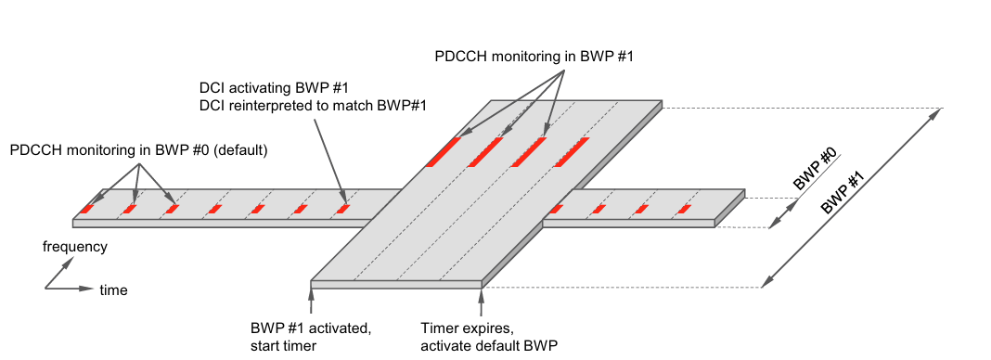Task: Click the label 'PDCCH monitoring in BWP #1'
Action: (534, 56)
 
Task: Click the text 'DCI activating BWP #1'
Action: (261, 88)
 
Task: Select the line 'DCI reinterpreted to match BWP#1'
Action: (312, 106)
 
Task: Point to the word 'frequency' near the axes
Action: (75, 247)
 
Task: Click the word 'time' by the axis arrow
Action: (114, 290)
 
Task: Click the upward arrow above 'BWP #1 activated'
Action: (311, 303)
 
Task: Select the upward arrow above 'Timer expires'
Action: (482, 303)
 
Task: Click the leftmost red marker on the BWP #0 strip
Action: (86, 209)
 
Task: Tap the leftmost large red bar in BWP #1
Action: (444, 152)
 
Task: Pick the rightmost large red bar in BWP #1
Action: (573, 152)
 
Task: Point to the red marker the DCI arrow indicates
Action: (342, 209)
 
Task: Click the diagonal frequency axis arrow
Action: (58, 274)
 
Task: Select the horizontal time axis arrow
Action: (70, 289)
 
